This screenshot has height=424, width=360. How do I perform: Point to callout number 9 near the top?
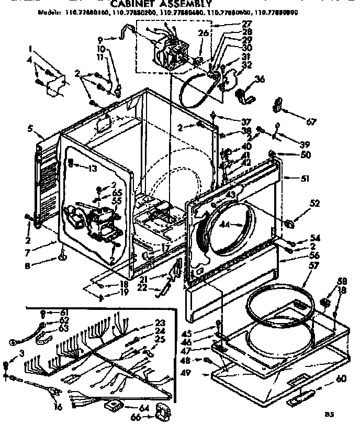pyautogui.click(x=100, y=39)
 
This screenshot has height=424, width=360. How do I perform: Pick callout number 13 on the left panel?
pyautogui.click(x=93, y=168)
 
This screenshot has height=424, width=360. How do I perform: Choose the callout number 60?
pyautogui.click(x=341, y=378)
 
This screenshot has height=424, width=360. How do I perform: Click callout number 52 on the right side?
pyautogui.click(x=314, y=204)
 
